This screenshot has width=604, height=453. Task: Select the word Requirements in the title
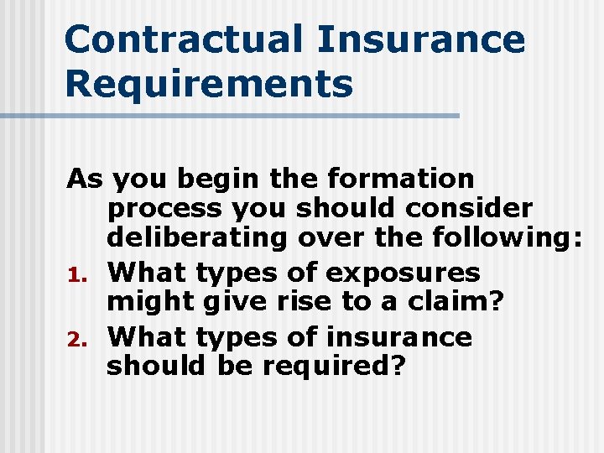click(209, 84)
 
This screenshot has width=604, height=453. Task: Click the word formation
click(401, 179)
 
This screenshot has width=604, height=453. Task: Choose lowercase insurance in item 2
click(398, 337)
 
